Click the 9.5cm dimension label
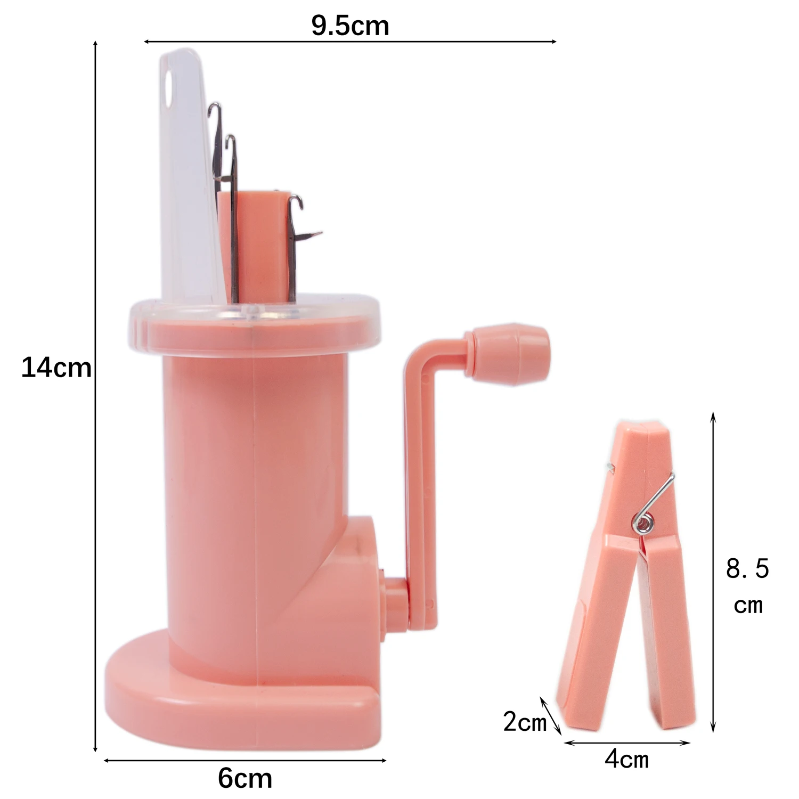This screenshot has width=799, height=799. [350, 26]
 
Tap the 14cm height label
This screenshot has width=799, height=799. [56, 368]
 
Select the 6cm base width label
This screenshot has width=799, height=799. [245, 778]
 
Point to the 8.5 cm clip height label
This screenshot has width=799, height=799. [748, 586]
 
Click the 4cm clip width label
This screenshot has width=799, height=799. [627, 759]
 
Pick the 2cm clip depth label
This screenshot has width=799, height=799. [525, 722]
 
